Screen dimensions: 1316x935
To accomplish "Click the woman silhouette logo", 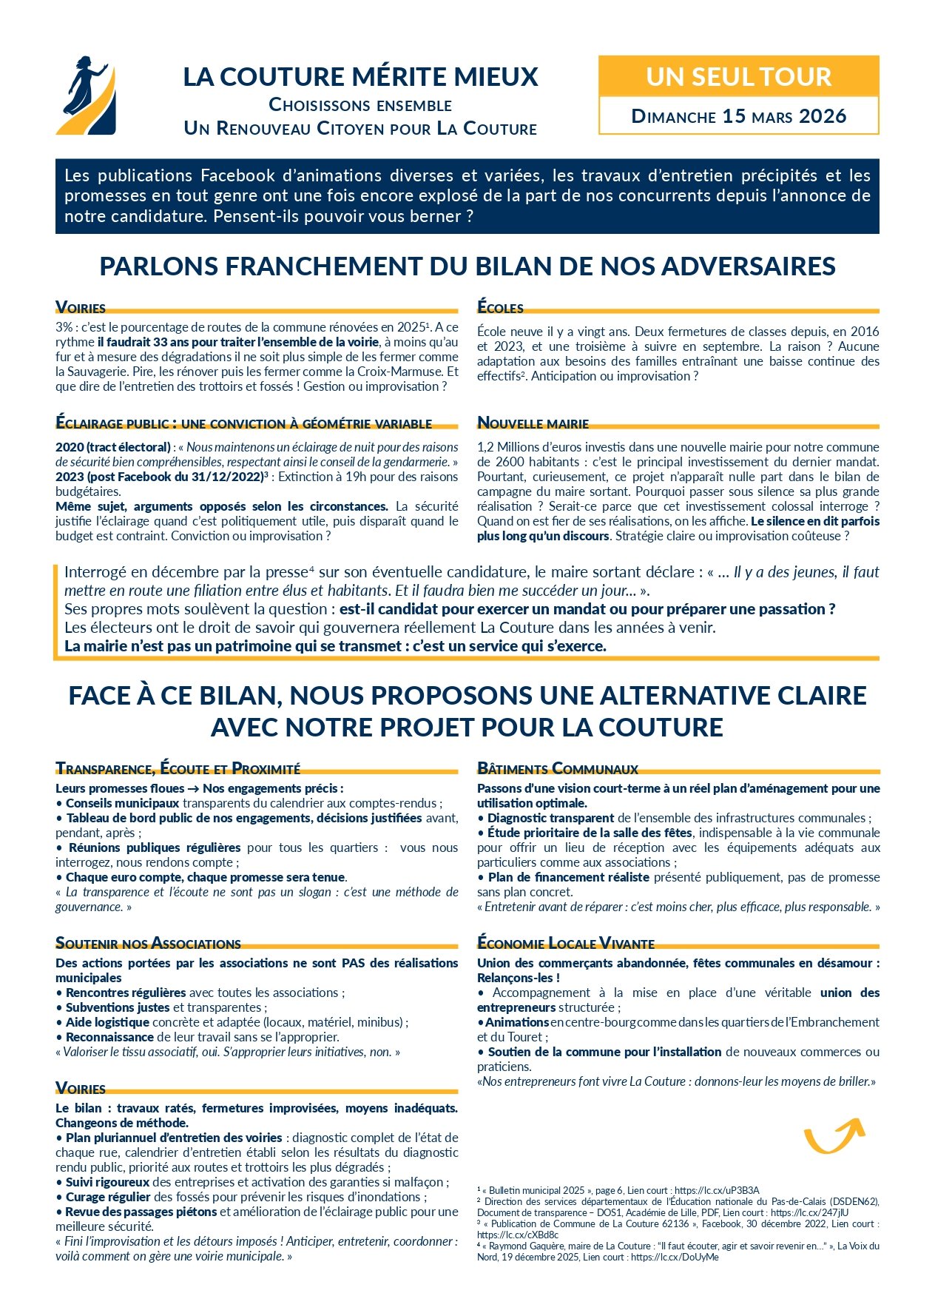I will [87, 95].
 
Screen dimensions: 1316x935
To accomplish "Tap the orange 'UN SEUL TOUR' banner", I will [738, 76].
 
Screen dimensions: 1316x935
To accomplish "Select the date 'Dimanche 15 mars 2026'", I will [738, 116].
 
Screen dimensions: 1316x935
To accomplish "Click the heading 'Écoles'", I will [501, 308].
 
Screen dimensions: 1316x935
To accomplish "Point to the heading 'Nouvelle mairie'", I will [533, 423].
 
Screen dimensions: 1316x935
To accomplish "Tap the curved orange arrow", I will [834, 1134].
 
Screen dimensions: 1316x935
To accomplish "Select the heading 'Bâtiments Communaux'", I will [558, 768].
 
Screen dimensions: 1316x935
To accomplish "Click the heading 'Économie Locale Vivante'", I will [566, 943].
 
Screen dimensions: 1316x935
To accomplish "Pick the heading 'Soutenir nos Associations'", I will [148, 943].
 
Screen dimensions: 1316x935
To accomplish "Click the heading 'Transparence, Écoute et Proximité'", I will [178, 768].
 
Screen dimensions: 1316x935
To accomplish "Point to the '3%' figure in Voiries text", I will [64, 327].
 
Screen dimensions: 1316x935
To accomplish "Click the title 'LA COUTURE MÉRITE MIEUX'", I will [361, 77].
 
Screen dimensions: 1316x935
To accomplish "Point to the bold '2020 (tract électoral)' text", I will [113, 447].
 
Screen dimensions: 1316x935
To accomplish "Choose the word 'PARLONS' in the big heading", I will [156, 266].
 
